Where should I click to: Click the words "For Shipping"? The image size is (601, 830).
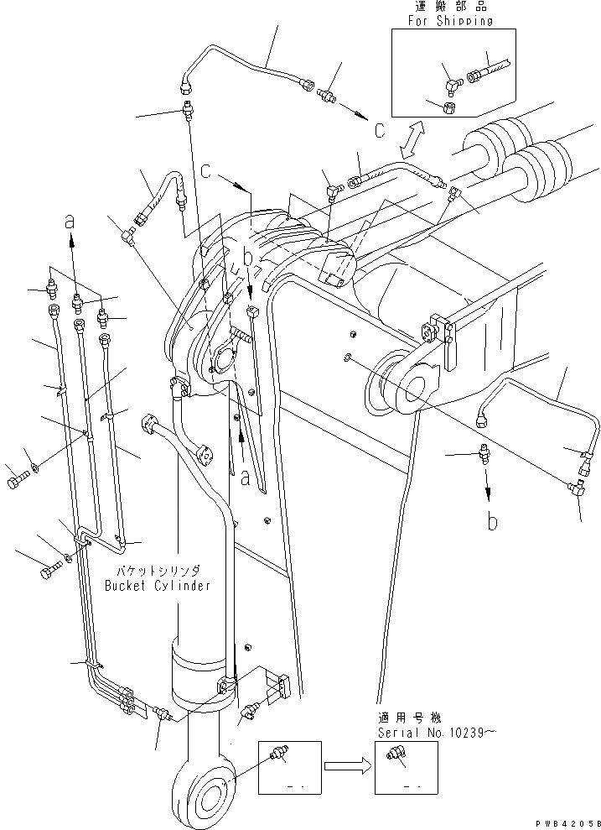451,21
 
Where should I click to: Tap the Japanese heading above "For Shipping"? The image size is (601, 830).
451,8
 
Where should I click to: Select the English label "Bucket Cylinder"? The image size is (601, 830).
158,586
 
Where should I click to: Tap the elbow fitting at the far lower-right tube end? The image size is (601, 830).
576,487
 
